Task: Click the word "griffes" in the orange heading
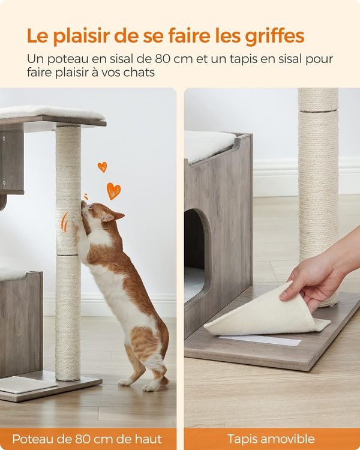275,36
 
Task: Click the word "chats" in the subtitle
139,73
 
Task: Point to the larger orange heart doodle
113,190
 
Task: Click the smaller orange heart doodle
102,167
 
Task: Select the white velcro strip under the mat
260,340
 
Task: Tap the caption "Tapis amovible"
271,439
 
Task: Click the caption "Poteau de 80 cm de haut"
87,439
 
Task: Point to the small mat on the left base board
26,385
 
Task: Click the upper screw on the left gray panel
4,139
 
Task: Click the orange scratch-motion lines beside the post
65,223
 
